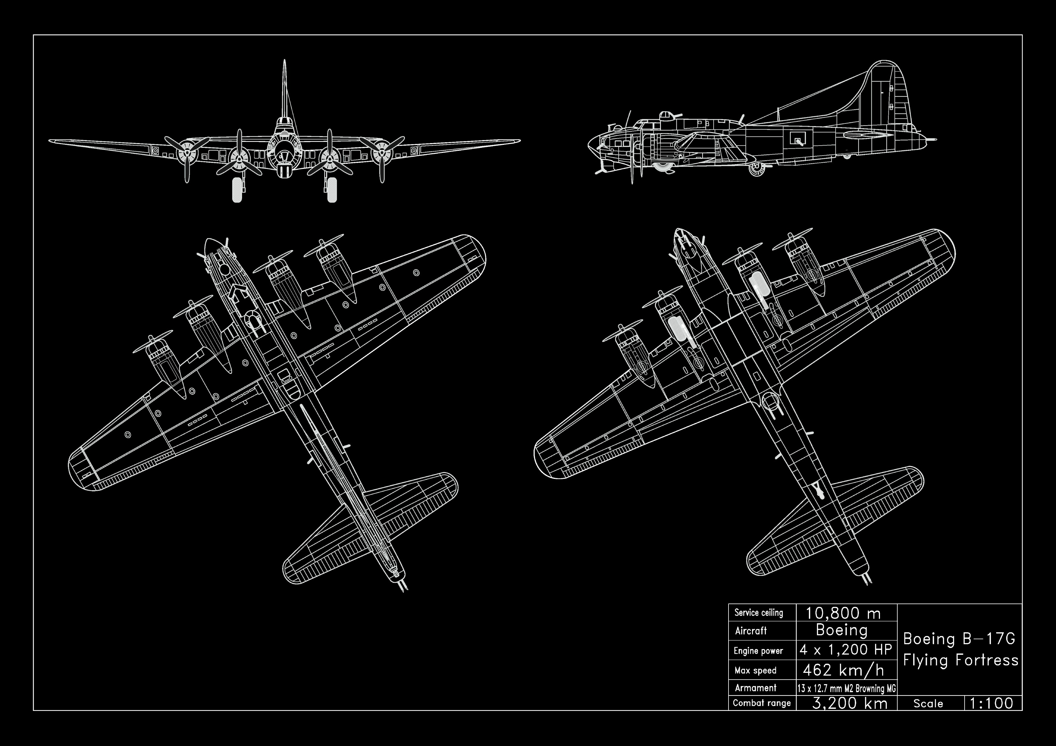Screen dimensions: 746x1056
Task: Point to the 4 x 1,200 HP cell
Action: pos(846,649)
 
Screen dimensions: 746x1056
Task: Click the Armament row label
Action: pos(755,688)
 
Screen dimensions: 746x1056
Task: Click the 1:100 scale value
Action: pos(991,703)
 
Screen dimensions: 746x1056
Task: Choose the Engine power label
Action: pos(758,651)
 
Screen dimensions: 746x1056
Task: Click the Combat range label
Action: pos(762,703)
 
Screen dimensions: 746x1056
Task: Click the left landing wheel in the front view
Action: pos(237,190)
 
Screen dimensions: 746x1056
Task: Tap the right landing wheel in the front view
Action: pos(332,190)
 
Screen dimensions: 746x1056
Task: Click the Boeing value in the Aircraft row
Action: pos(842,630)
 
